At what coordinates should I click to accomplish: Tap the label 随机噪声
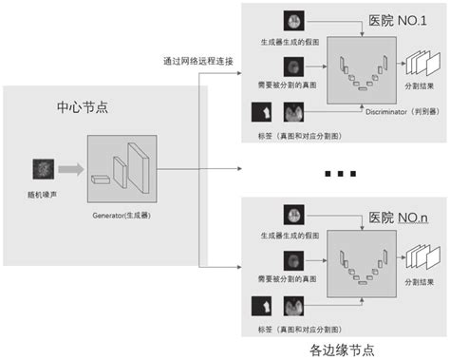click(44, 194)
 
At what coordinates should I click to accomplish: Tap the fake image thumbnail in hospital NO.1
click(291, 21)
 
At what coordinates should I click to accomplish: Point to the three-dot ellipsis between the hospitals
click(338, 174)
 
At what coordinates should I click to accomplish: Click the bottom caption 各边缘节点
click(343, 349)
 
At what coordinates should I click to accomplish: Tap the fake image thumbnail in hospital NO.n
click(291, 216)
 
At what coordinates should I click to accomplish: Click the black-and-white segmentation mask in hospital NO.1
click(261, 113)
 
